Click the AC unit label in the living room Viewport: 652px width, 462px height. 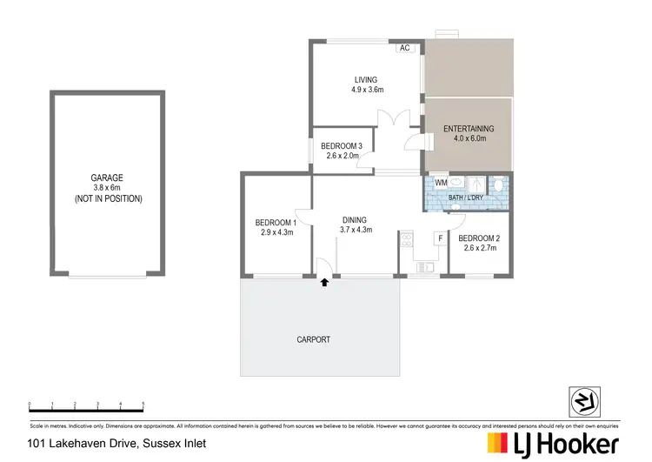404,49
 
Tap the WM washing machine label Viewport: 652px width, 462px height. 441,184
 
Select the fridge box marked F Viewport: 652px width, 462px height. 441,238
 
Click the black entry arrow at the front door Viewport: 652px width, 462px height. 324,282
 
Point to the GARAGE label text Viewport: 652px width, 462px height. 107,177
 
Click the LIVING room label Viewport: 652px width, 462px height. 367,80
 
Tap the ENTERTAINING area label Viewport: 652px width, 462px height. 469,129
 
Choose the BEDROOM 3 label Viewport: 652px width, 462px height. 342,145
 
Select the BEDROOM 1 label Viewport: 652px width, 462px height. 276,223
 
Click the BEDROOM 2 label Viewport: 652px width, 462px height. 479,238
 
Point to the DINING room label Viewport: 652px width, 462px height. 354,220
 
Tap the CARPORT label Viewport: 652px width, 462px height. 314,339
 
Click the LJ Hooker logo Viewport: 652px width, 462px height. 553,444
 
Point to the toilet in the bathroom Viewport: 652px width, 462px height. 498,184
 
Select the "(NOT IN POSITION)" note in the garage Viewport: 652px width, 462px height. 107,198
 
